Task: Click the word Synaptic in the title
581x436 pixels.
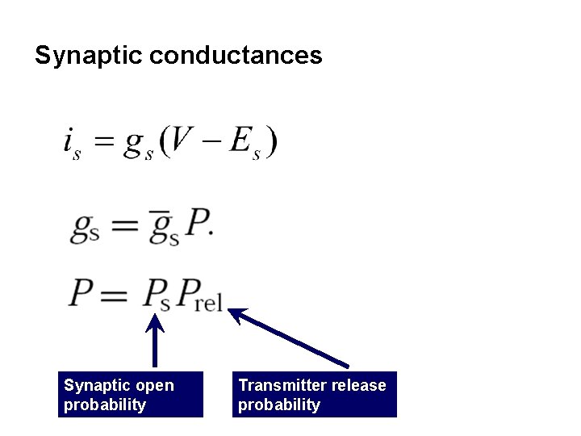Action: [89, 56]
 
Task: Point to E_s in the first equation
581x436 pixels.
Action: [245, 143]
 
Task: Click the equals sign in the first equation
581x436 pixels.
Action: [102, 143]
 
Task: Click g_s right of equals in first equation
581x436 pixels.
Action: [138, 145]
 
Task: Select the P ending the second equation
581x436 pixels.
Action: [199, 224]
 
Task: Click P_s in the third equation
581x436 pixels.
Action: [156, 295]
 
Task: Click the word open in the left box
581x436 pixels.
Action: [154, 385]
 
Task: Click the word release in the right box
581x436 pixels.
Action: [357, 385]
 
